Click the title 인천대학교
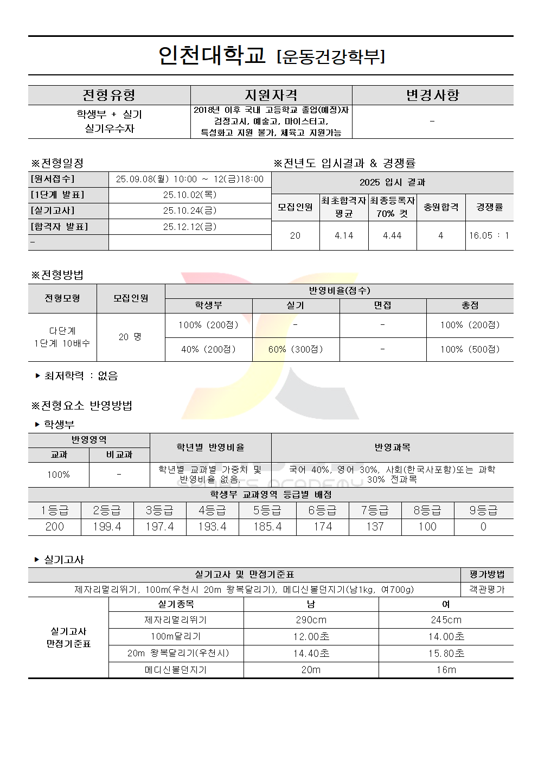pyautogui.click(x=212, y=55)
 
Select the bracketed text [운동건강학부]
pyautogui.click(x=331, y=56)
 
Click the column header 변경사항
pyautogui.click(x=432, y=95)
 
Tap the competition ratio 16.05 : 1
pyautogui.click(x=489, y=235)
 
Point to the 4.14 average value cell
pyautogui.click(x=344, y=235)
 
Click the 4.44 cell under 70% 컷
pyautogui.click(x=392, y=235)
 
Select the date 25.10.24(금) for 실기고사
pyautogui.click(x=190, y=210)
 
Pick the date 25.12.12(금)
pyautogui.click(x=190, y=227)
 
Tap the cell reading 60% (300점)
pyautogui.click(x=296, y=349)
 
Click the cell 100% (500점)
pyautogui.click(x=470, y=349)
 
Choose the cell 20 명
pyautogui.click(x=130, y=337)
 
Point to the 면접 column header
pyautogui.click(x=382, y=305)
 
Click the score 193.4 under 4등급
pyautogui.click(x=212, y=527)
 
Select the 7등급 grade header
pyautogui.click(x=375, y=510)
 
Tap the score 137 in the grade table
pyautogui.click(x=375, y=527)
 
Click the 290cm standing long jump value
pyautogui.click(x=311, y=620)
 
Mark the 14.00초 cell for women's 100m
pyautogui.click(x=446, y=637)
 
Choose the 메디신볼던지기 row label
pyautogui.click(x=176, y=670)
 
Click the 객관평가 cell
pyautogui.click(x=486, y=589)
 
